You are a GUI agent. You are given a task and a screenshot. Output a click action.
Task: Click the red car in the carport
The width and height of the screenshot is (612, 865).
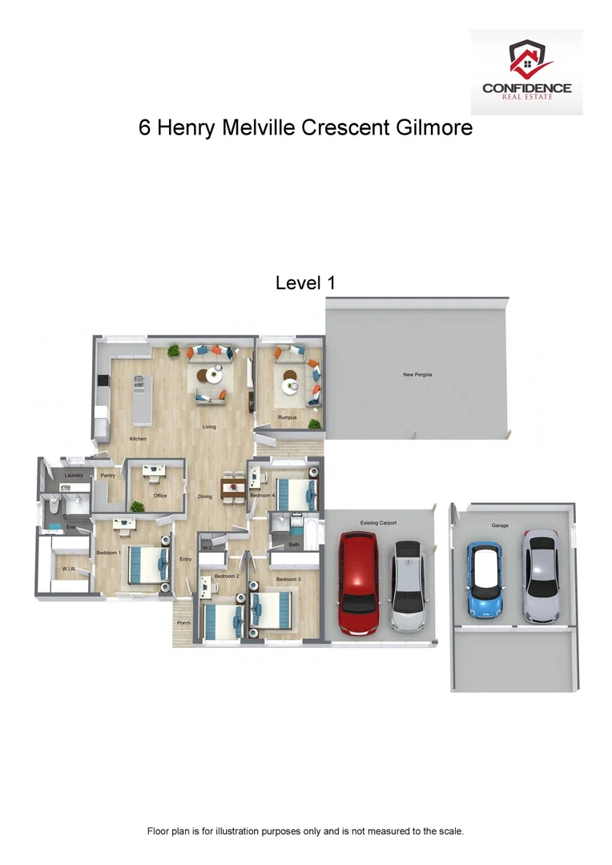(357, 581)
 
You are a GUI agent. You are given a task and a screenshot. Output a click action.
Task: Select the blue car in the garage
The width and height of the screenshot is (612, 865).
(485, 581)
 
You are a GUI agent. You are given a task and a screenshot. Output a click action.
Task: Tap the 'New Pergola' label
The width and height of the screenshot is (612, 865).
(417, 375)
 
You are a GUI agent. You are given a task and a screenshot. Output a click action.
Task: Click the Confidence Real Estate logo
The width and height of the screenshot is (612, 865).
(526, 72)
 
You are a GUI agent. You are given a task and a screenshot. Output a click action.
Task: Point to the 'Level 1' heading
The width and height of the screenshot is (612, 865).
(305, 283)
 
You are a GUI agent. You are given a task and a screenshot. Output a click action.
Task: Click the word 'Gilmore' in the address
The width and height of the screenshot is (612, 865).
(434, 127)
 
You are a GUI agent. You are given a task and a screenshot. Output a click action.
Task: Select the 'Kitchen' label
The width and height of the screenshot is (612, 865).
(139, 439)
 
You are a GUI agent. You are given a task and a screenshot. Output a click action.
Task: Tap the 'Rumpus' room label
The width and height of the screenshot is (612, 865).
(288, 418)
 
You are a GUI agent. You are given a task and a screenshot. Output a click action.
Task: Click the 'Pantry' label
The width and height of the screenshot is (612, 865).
(108, 476)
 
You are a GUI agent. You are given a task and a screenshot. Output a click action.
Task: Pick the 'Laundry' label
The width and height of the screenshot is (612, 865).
(74, 476)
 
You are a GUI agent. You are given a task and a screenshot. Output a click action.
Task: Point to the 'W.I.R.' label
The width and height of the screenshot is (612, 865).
(68, 569)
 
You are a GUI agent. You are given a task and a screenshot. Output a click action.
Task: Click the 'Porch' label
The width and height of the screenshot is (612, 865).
(184, 622)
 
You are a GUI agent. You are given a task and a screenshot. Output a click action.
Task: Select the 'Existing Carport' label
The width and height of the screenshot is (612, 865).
(378, 523)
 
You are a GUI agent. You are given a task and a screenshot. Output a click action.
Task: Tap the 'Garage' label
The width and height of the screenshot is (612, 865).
(500, 525)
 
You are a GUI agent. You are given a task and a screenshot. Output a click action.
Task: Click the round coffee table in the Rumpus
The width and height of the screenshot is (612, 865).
(289, 386)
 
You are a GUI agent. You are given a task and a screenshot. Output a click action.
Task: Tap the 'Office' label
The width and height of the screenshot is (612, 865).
(160, 496)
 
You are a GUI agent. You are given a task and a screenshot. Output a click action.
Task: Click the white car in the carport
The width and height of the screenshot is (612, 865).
(407, 585)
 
